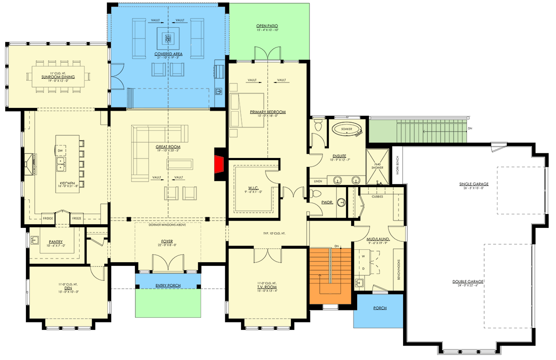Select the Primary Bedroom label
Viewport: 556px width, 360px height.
tap(267, 112)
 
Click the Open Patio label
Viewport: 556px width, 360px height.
tap(267, 26)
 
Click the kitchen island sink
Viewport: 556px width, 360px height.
tap(61, 162)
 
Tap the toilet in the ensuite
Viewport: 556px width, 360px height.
tap(318, 125)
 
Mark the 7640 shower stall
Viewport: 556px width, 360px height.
tap(378, 167)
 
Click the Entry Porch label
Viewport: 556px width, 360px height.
tap(168, 285)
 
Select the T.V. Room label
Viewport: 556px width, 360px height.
tap(267, 287)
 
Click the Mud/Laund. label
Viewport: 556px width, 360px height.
tap(378, 240)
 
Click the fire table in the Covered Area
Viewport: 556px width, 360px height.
tap(168, 36)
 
